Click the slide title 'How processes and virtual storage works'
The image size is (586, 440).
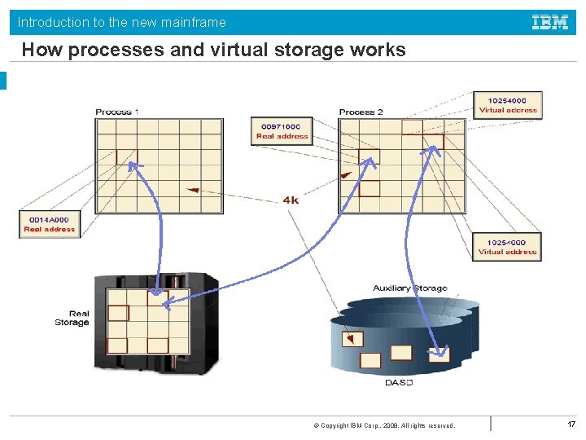[x=213, y=51]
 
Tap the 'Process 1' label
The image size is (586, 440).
[x=117, y=112]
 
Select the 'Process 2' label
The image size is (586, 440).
[x=361, y=112]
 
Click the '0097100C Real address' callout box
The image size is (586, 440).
[x=281, y=131]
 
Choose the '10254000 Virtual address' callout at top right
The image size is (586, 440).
[x=508, y=105]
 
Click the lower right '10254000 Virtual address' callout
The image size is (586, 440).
[x=507, y=247]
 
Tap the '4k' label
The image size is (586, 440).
[x=291, y=200]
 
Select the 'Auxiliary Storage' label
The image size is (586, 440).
[x=409, y=288]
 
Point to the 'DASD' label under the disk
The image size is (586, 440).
[x=398, y=382]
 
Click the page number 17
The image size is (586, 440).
[x=571, y=424]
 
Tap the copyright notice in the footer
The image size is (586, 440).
[x=388, y=425]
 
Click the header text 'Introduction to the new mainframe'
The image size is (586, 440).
[x=122, y=22]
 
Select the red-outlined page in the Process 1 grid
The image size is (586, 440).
[x=127, y=156]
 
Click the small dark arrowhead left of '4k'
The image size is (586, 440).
[x=192, y=191]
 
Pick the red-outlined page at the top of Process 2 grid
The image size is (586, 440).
[x=413, y=127]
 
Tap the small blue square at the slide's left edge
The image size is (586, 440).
[x=3, y=81]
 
